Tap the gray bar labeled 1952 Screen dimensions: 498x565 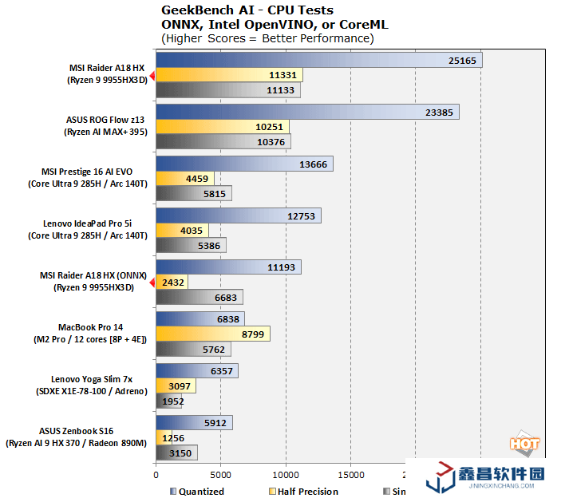(164, 401)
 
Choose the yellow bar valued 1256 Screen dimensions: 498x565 (160, 438)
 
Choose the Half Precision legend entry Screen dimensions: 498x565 (308, 492)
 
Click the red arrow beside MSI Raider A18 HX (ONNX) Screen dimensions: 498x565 (152, 281)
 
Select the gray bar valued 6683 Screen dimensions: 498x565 (200, 298)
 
